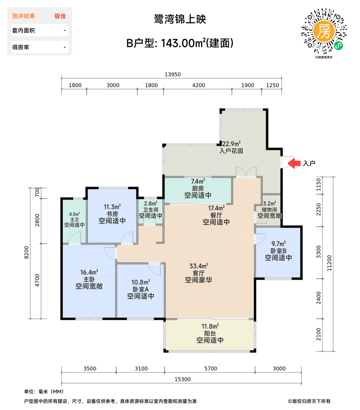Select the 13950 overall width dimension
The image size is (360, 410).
(172, 74)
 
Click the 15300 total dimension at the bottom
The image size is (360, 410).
(182, 379)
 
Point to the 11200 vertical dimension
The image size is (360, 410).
(329, 263)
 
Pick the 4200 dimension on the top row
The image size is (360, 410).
(198, 85)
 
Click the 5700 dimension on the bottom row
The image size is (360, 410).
(210, 368)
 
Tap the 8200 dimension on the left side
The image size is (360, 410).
(27, 252)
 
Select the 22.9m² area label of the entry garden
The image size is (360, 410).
(232, 143)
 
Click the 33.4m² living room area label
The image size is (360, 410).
(199, 266)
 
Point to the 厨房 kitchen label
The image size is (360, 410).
(198, 188)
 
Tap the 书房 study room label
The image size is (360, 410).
(112, 214)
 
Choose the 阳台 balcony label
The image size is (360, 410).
(210, 333)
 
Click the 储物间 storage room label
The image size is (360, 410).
(269, 209)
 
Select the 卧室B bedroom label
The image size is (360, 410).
(278, 251)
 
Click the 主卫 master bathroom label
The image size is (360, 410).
(74, 219)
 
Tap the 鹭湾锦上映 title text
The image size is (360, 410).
(180, 19)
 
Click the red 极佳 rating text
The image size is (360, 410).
(60, 16)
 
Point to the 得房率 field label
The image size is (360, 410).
(20, 47)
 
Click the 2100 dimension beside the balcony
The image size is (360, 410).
(318, 334)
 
